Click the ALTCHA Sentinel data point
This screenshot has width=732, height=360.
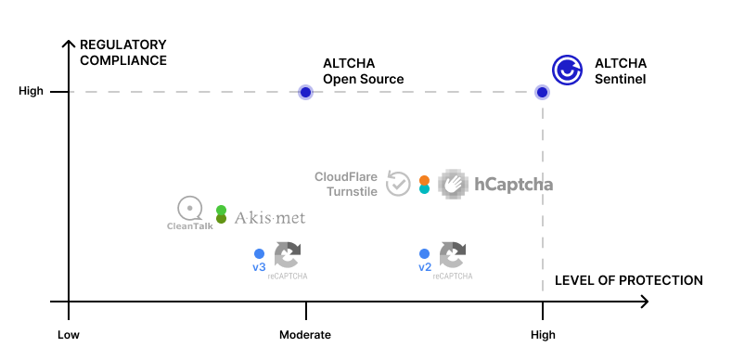click(x=543, y=92)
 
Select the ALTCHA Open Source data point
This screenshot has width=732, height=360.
click(x=305, y=92)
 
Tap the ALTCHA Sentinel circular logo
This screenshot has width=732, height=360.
click(x=567, y=70)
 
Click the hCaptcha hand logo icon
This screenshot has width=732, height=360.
click(x=454, y=185)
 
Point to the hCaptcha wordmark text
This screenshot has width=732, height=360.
click(x=513, y=185)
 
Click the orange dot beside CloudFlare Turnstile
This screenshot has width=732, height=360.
click(x=424, y=180)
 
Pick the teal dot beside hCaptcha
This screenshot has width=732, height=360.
click(x=424, y=189)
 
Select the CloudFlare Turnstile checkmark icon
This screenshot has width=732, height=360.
click(x=398, y=184)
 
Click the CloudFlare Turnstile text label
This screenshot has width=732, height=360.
click(x=346, y=184)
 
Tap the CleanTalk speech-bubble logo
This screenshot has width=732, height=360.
click(x=189, y=208)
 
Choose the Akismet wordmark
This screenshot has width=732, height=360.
click(x=269, y=218)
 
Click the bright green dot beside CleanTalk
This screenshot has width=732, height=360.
click(x=221, y=211)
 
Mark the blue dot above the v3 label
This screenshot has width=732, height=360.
click(x=259, y=253)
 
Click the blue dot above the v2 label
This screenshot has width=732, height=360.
click(x=424, y=253)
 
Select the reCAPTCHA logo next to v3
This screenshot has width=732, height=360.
click(x=288, y=254)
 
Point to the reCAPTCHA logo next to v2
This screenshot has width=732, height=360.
click(x=453, y=254)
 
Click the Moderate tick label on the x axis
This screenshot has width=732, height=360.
click(x=305, y=335)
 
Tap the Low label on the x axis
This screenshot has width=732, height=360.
click(x=69, y=335)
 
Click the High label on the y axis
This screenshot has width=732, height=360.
click(x=32, y=92)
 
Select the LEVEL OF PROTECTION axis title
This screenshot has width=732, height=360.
click(x=628, y=280)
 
